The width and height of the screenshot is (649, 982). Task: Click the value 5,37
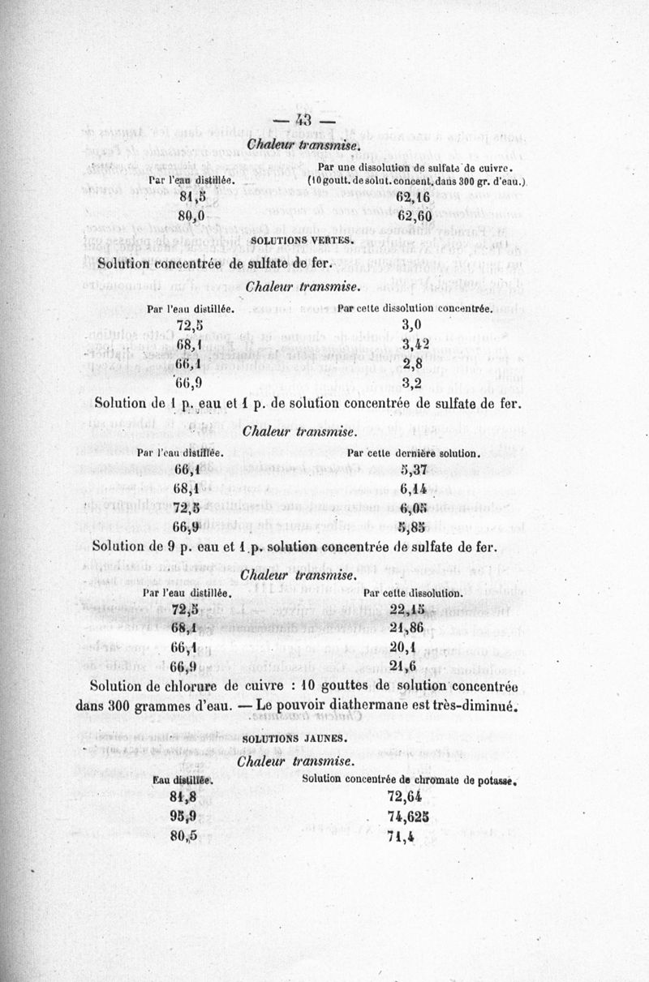pos(415,470)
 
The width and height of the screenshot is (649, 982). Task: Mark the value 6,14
pos(415,489)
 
